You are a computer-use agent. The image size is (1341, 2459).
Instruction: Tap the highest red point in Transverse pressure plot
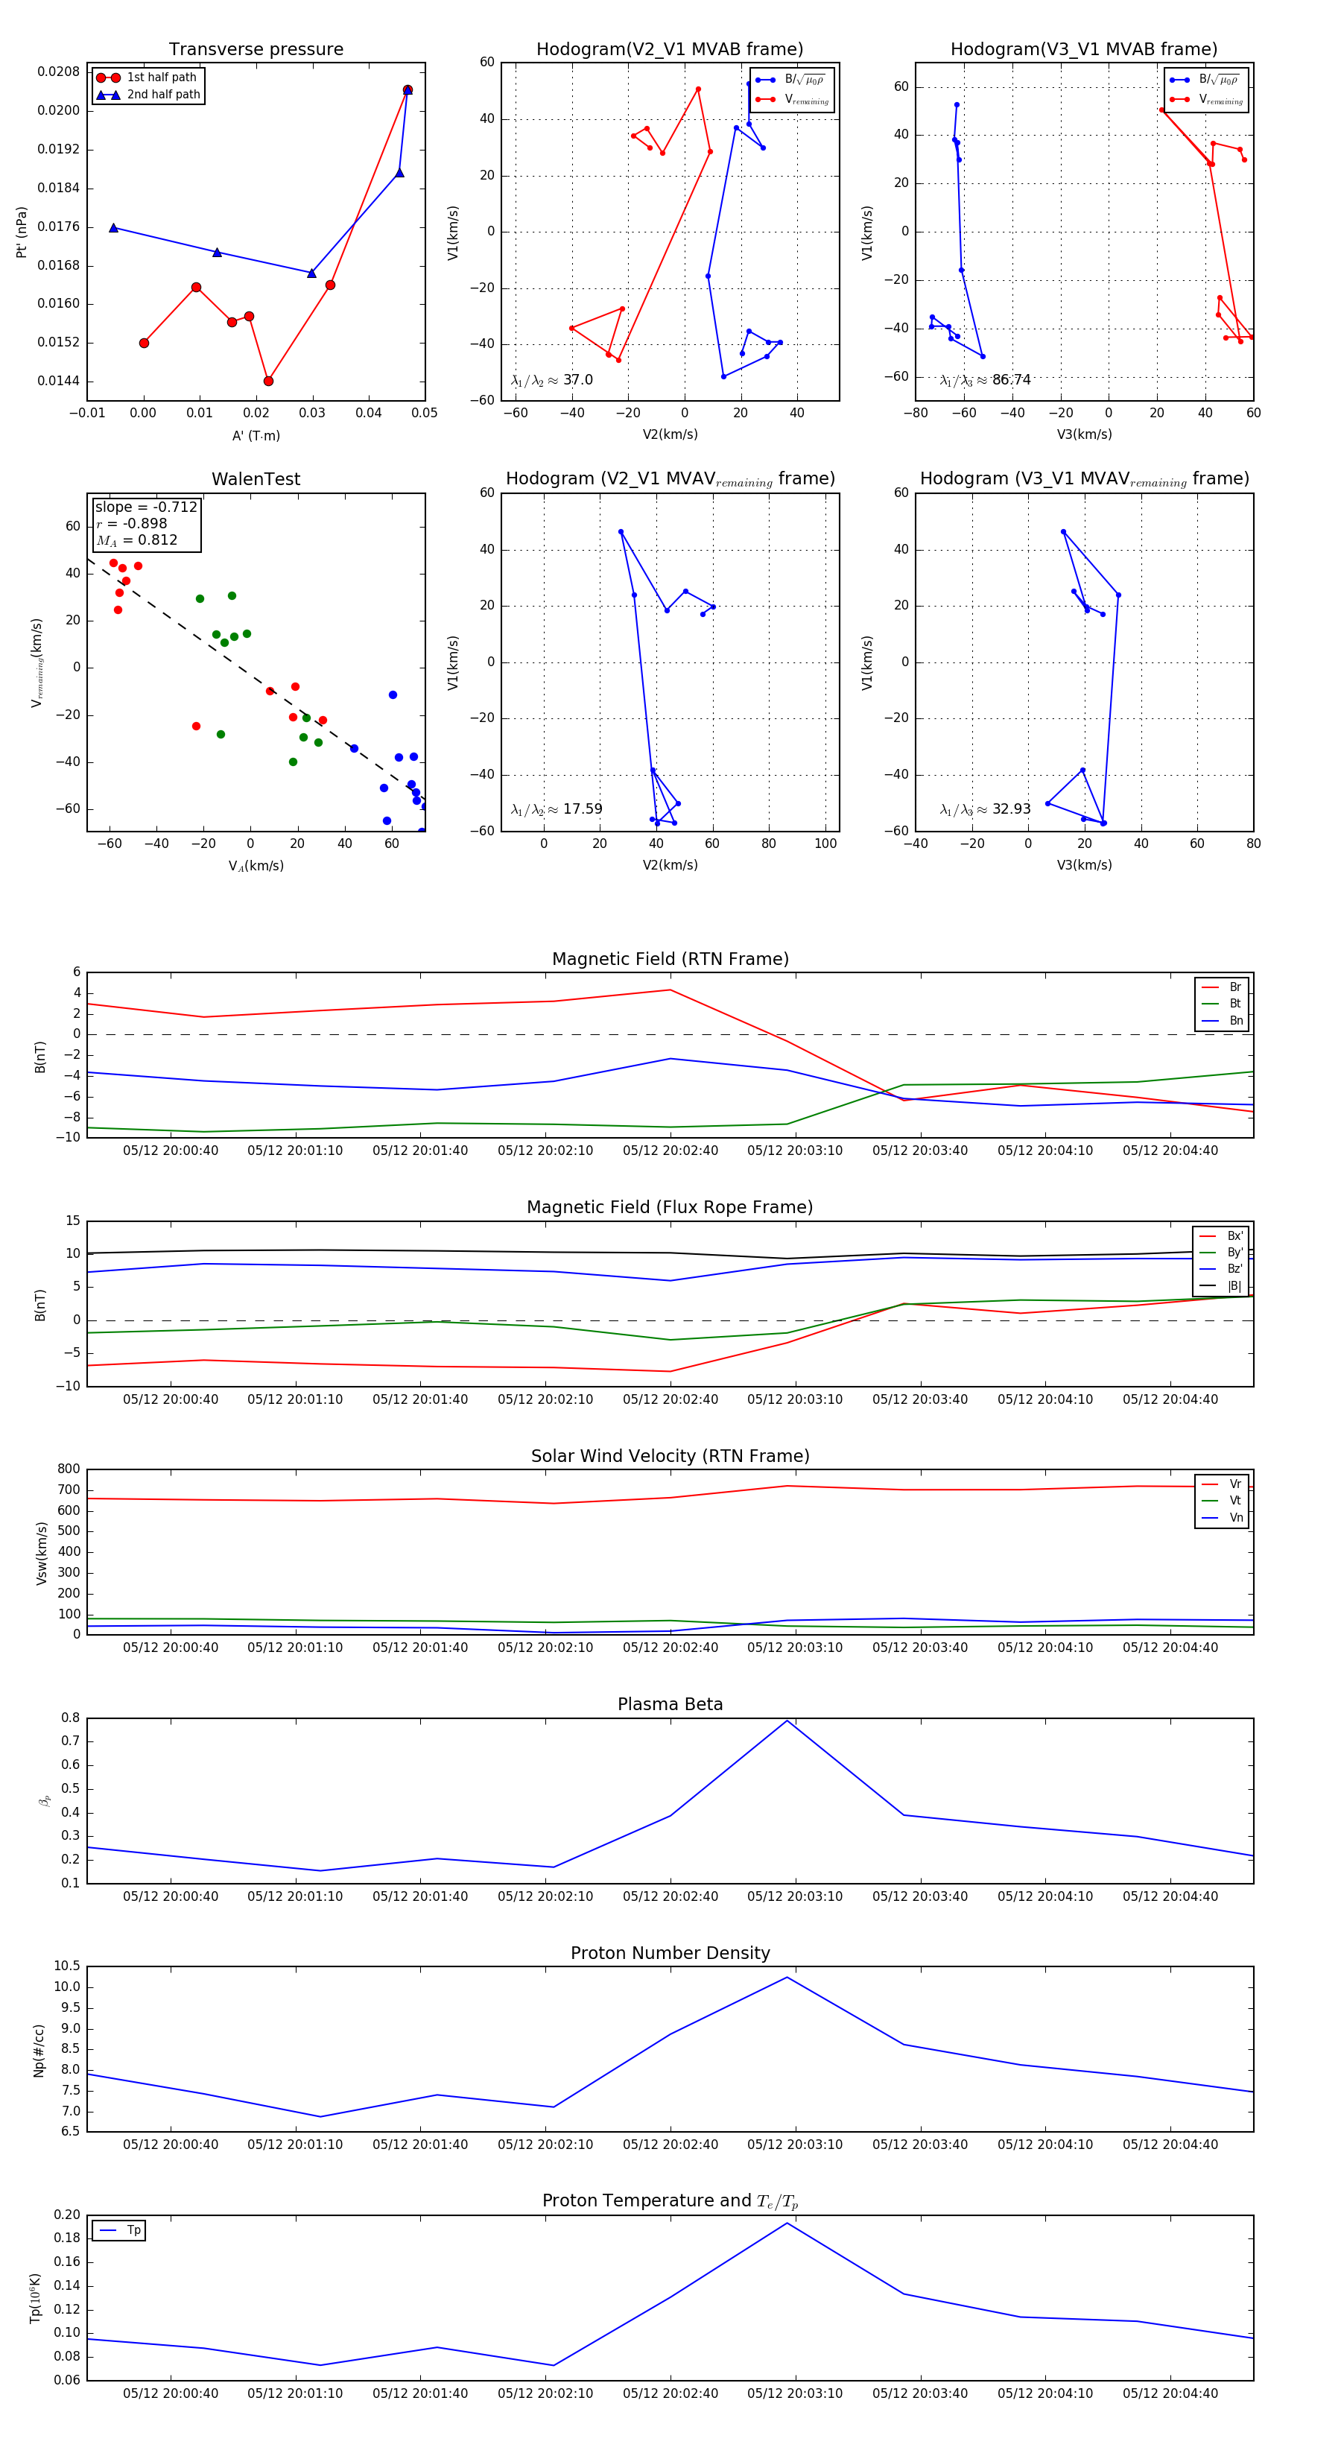408,89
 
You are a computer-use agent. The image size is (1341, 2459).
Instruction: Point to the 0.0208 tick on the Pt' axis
58,72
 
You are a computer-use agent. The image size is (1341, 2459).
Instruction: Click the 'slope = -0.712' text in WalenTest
146,507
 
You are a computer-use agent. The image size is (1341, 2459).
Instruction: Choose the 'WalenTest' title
256,479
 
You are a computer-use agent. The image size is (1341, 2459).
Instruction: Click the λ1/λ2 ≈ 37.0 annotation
551,380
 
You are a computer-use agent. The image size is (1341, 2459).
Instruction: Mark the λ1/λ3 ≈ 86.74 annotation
985,380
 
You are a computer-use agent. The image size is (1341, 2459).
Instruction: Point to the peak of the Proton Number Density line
787,1977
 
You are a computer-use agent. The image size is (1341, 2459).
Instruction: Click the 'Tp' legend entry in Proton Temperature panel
133,2230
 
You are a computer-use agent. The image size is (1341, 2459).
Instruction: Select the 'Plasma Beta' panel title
670,1704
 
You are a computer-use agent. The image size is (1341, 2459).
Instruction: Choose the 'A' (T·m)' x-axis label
256,435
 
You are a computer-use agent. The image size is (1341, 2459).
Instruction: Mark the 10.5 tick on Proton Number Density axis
67,1966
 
